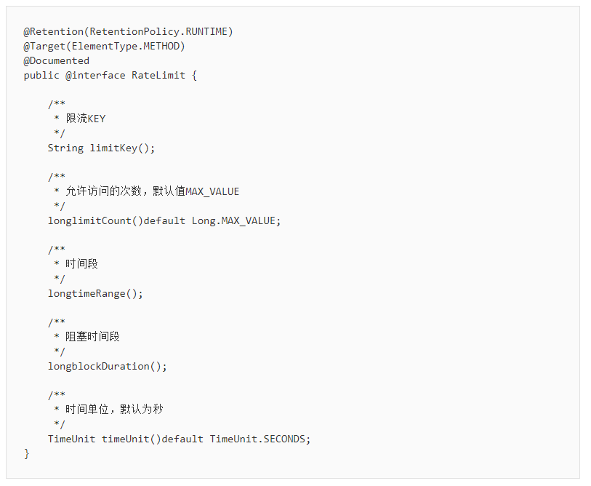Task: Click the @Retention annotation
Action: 54,32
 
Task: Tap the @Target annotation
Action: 44,47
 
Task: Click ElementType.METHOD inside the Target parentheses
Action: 126,46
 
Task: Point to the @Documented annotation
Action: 57,61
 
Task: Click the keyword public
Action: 41,76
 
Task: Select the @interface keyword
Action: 95,76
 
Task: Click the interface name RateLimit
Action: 158,76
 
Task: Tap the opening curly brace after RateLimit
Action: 195,76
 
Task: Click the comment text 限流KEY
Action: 86,119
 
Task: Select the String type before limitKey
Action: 65,148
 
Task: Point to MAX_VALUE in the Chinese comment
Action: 212,191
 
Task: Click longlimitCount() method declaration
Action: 95,220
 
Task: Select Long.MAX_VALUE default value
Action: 233,220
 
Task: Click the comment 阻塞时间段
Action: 93,337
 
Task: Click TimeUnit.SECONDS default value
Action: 257,439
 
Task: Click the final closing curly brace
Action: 26,454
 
